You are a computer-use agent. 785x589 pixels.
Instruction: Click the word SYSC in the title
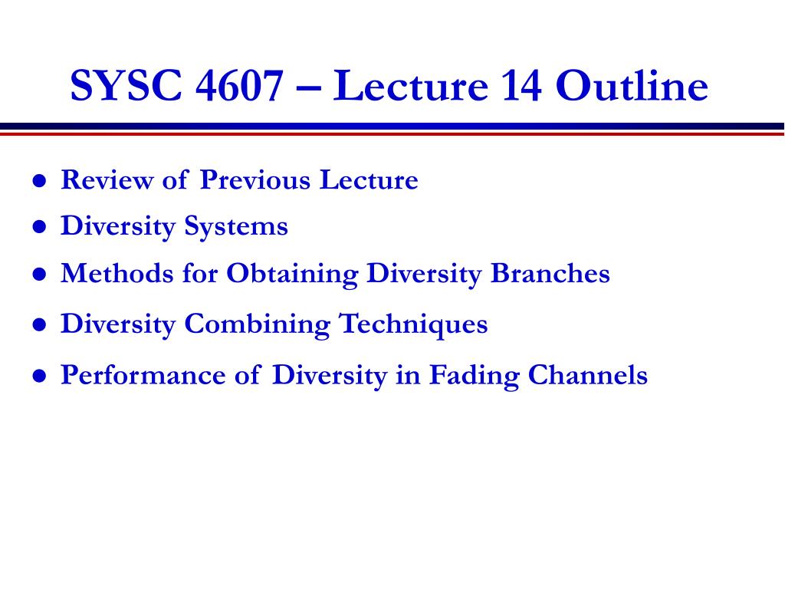click(x=126, y=85)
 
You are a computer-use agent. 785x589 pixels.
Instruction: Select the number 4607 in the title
click(x=239, y=85)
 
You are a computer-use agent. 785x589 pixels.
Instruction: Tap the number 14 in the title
click(x=521, y=85)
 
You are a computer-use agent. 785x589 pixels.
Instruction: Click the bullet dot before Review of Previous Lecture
click(x=40, y=180)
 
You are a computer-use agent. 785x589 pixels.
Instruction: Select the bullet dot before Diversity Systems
click(x=40, y=227)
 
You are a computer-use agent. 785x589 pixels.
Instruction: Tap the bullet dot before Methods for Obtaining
click(x=40, y=275)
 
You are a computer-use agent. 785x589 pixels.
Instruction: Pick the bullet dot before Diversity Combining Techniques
click(x=40, y=324)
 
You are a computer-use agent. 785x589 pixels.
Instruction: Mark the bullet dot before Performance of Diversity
click(x=40, y=376)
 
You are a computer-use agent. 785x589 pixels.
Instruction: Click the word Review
click(x=107, y=179)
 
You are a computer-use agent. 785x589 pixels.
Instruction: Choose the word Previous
click(x=255, y=179)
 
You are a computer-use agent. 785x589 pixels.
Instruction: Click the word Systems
click(x=236, y=227)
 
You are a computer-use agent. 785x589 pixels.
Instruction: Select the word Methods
click(x=117, y=274)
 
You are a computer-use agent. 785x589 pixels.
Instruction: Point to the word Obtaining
click(x=292, y=275)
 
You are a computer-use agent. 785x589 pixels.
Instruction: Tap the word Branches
click(x=550, y=274)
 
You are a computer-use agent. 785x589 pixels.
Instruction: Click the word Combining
click(x=258, y=324)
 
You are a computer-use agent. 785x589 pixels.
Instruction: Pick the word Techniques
click(x=413, y=324)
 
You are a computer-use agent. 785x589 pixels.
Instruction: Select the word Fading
click(x=475, y=376)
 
